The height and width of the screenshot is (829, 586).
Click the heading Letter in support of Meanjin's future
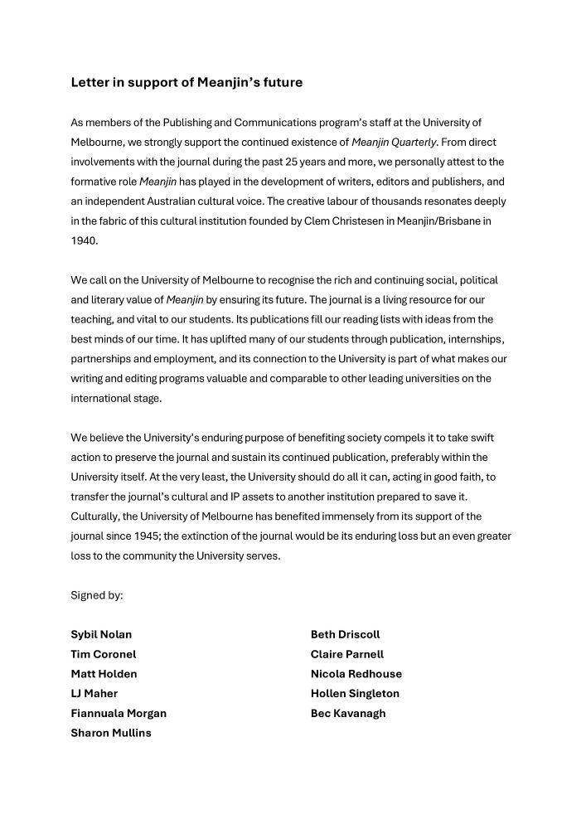[x=186, y=82]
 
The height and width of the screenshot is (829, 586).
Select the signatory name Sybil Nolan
[x=101, y=634]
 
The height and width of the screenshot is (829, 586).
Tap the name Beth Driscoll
[x=345, y=634]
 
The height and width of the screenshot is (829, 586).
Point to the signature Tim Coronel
[x=103, y=654]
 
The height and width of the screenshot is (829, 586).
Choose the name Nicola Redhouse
[x=356, y=674]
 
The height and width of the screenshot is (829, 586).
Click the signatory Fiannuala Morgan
[x=119, y=713]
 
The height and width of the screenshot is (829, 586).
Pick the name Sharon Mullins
[x=111, y=733]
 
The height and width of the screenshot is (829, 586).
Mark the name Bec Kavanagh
[x=348, y=713]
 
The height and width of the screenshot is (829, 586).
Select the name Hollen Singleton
[x=355, y=693]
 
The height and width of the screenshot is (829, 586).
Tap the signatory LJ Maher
[x=94, y=693]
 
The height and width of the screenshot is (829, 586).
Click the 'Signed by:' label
[x=97, y=595]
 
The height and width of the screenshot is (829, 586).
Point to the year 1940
[x=84, y=241]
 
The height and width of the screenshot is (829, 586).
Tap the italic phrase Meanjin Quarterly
[x=393, y=142]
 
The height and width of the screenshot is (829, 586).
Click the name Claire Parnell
[x=347, y=654]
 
